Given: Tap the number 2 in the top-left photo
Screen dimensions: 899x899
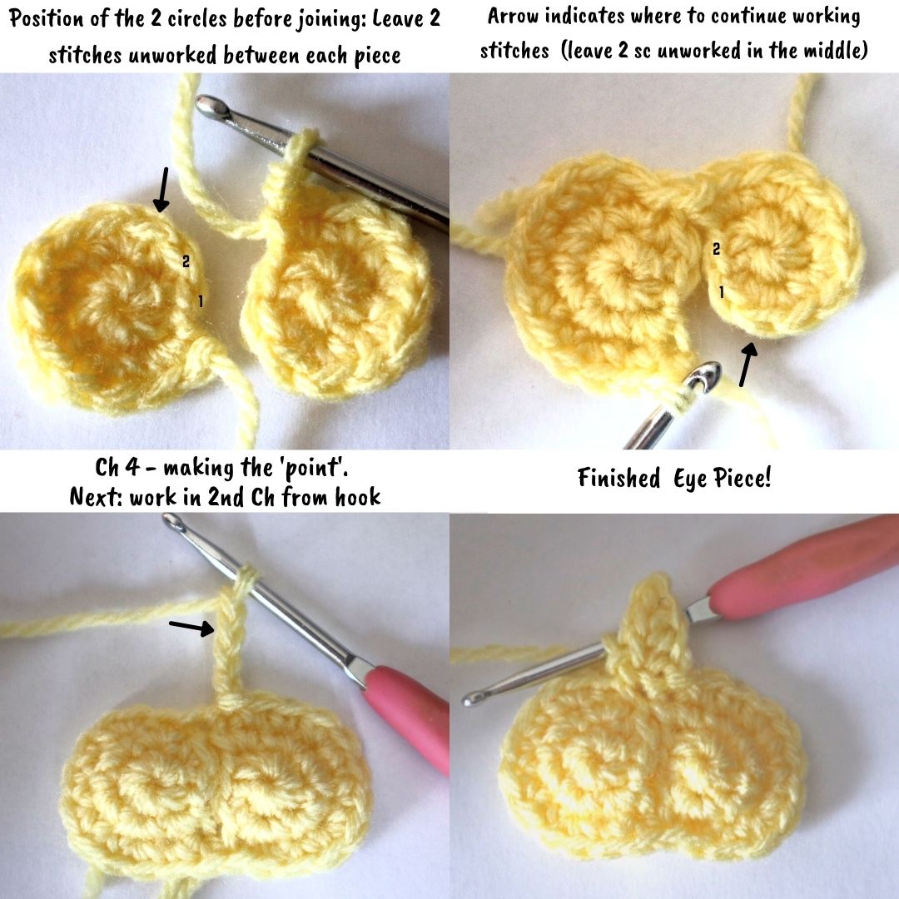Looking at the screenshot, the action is (186, 261).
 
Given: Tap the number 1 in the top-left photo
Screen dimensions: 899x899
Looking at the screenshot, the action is (200, 300).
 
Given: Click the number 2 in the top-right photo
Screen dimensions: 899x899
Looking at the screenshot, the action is (716, 249).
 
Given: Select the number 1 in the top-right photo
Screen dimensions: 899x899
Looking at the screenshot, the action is (721, 292).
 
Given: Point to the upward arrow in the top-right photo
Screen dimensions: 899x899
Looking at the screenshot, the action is (748, 363).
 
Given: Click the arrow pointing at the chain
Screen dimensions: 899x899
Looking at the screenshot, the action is (191, 627).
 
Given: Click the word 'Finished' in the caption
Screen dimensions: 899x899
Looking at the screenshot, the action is (618, 478).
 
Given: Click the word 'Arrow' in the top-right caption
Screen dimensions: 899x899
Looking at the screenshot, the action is (513, 16).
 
